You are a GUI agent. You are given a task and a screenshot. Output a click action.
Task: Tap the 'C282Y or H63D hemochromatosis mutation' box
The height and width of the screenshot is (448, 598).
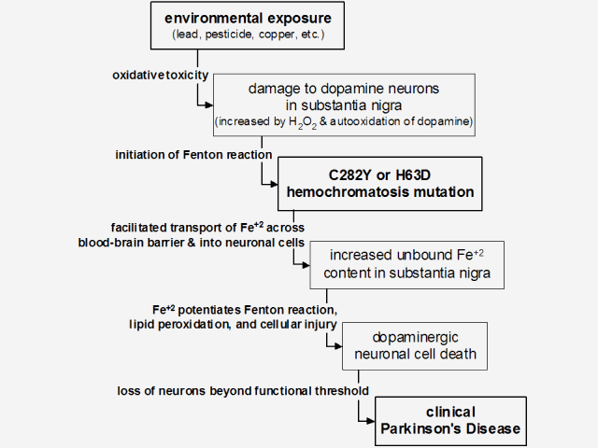pos(379,183)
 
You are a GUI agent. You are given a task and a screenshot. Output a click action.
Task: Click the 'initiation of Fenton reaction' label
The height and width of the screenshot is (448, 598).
pos(194,153)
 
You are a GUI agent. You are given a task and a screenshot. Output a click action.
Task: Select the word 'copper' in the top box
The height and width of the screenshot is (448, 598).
pos(269,36)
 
